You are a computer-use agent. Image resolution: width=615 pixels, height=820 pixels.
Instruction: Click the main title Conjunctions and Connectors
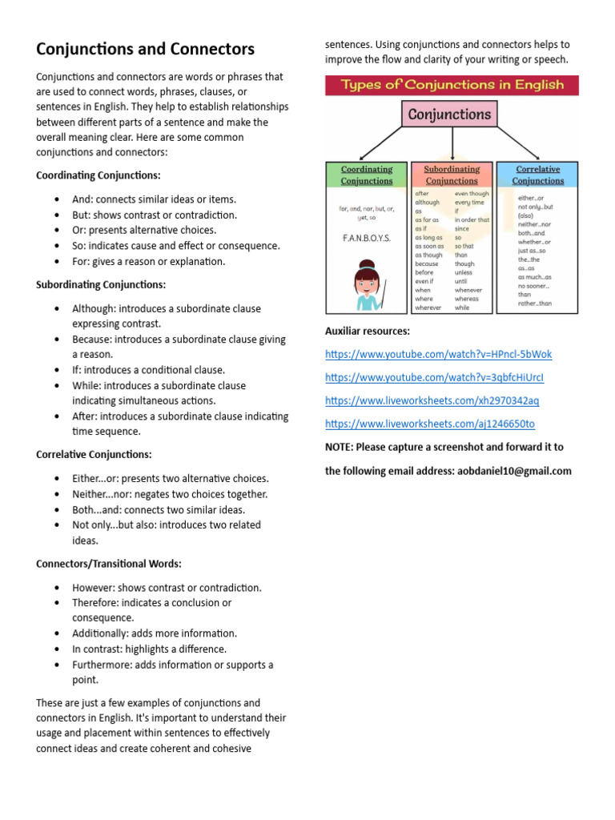145,49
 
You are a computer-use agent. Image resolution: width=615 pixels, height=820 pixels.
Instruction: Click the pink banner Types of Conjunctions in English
452,85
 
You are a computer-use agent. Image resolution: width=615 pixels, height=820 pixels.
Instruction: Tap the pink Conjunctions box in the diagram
449,115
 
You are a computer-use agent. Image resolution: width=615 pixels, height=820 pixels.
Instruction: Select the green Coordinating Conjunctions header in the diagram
367,175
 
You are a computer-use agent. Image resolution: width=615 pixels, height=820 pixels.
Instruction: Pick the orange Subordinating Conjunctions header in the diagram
452,175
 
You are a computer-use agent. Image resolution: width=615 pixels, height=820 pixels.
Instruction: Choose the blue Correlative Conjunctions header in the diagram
537,175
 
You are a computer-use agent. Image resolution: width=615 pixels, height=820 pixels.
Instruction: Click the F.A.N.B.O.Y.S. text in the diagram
367,238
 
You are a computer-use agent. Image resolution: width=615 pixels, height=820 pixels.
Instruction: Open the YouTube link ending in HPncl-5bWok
438,354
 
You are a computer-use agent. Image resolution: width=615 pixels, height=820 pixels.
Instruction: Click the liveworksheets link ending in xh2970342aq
432,400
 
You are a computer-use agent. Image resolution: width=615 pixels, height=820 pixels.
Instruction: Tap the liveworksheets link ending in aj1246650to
429,424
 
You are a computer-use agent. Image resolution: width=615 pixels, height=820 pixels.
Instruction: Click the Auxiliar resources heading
368,331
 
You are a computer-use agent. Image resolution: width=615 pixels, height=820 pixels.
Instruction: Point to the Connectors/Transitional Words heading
109,564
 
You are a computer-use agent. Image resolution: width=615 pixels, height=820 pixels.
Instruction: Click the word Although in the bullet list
94,308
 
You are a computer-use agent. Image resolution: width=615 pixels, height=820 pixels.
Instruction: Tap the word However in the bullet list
94,588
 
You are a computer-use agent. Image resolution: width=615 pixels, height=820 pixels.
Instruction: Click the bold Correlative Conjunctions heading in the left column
94,455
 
